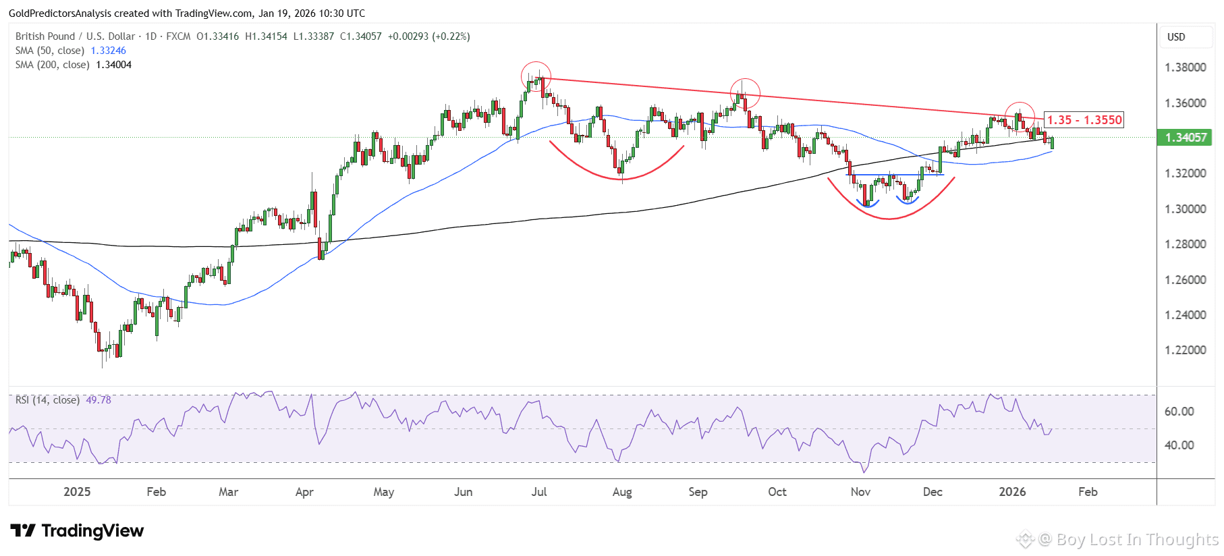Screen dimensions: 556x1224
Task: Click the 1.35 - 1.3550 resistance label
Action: (1084, 120)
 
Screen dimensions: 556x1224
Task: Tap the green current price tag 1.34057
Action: (1186, 138)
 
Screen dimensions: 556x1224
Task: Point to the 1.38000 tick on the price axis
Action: (1186, 67)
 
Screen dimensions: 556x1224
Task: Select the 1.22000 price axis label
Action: (1186, 350)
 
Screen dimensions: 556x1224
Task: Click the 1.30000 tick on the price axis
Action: (1186, 209)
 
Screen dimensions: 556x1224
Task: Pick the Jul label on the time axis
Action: (538, 492)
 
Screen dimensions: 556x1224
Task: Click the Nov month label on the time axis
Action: (860, 492)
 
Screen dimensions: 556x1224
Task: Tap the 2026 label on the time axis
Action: (1012, 492)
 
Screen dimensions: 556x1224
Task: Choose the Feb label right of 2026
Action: (1088, 492)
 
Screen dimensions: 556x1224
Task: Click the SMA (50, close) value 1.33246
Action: (108, 51)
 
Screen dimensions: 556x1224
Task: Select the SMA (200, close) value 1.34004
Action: (113, 65)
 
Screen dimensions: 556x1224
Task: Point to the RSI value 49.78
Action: (99, 400)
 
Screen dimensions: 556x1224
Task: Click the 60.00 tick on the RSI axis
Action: (1179, 412)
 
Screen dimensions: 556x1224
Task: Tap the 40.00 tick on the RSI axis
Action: (1179, 445)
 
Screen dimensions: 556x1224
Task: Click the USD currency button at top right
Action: (1176, 37)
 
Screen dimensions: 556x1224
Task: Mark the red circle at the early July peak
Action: (536, 76)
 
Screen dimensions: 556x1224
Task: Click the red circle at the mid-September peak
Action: (745, 93)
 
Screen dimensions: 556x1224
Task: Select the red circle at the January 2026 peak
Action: (1020, 117)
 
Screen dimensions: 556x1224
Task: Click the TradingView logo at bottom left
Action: (77, 531)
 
